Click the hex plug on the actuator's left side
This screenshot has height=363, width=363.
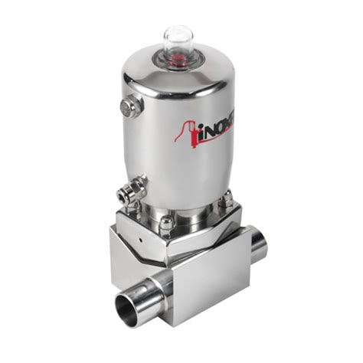(x=129, y=106)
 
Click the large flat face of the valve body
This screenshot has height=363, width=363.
(x=207, y=287)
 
